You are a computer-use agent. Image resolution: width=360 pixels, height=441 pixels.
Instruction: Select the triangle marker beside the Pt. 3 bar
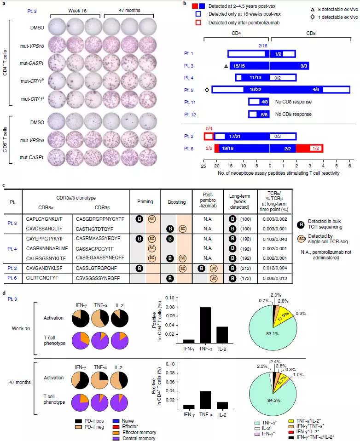click(x=226, y=67)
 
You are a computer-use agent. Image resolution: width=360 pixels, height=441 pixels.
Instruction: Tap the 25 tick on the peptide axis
click(x=203, y=168)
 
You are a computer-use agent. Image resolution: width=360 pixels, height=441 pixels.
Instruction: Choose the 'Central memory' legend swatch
click(x=121, y=438)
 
